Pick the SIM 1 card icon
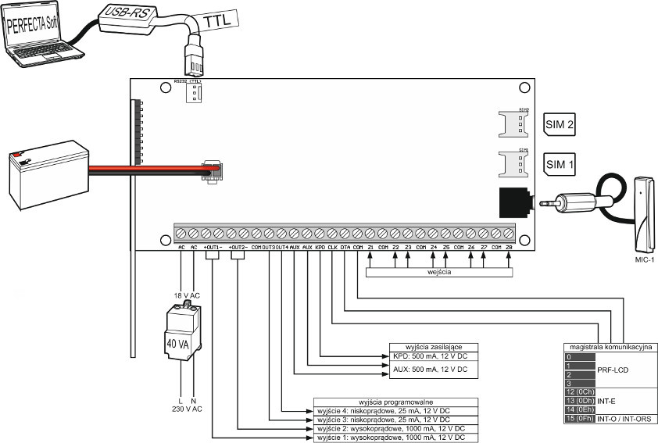click(559, 164)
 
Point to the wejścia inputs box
click(439, 273)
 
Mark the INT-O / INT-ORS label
click(628, 420)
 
